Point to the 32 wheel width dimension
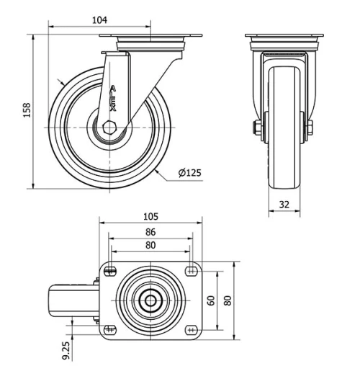point(284,205)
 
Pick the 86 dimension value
point(150,233)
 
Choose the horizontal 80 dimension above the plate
point(150,246)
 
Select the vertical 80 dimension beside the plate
point(229,300)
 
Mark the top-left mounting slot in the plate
point(109,271)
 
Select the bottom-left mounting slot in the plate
point(109,329)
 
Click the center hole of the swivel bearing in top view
point(150,300)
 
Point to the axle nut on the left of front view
point(256,129)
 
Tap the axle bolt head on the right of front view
point(309,129)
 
